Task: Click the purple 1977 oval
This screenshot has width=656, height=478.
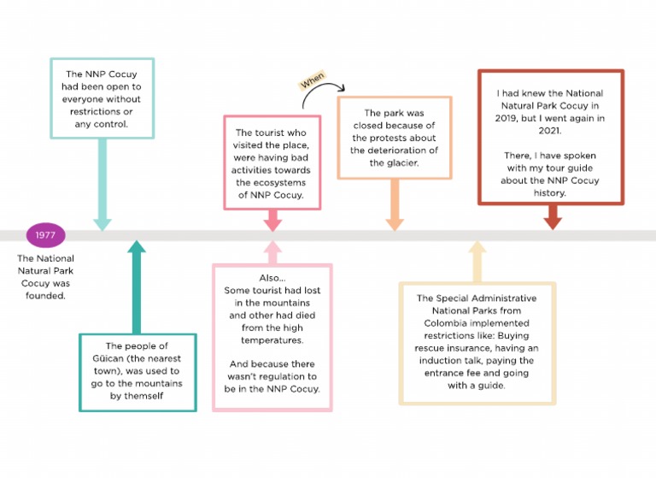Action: (x=45, y=236)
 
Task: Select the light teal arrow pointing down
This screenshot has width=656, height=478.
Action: (x=102, y=184)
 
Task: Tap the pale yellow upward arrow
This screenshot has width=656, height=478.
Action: (x=477, y=261)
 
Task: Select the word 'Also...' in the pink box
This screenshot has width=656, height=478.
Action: (x=272, y=278)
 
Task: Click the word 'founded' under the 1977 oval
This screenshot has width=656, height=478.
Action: (x=45, y=296)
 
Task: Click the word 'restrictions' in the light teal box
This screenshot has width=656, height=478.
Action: (x=102, y=110)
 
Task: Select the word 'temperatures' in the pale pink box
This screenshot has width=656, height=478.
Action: (x=272, y=340)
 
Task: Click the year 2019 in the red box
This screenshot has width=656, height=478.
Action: (x=508, y=120)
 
